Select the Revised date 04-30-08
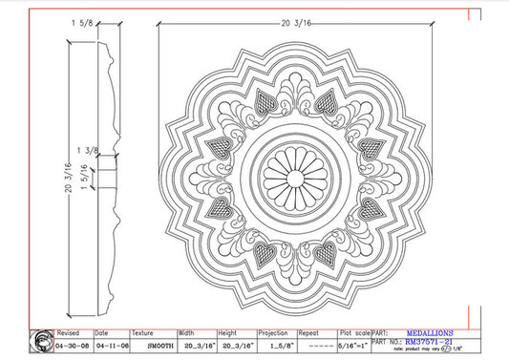click(x=74, y=344)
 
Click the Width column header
click(x=188, y=333)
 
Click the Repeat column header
click(x=308, y=333)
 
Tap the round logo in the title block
click(x=41, y=341)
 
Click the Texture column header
click(x=143, y=333)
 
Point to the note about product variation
click(x=427, y=351)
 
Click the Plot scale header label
click(x=353, y=333)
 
